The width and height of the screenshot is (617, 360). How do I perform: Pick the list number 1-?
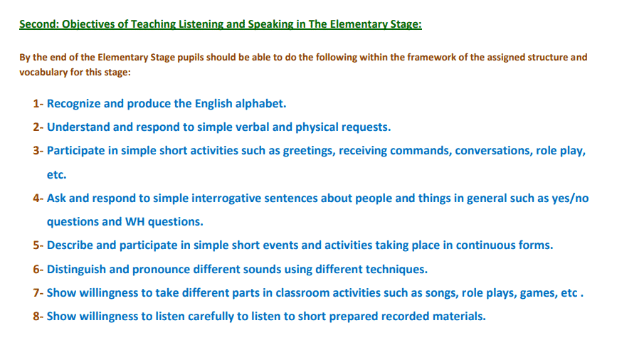(x=38, y=103)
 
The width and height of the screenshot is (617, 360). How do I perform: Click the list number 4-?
(x=38, y=198)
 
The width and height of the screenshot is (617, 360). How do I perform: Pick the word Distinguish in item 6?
(x=76, y=270)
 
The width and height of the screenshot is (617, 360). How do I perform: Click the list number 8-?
(x=38, y=317)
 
